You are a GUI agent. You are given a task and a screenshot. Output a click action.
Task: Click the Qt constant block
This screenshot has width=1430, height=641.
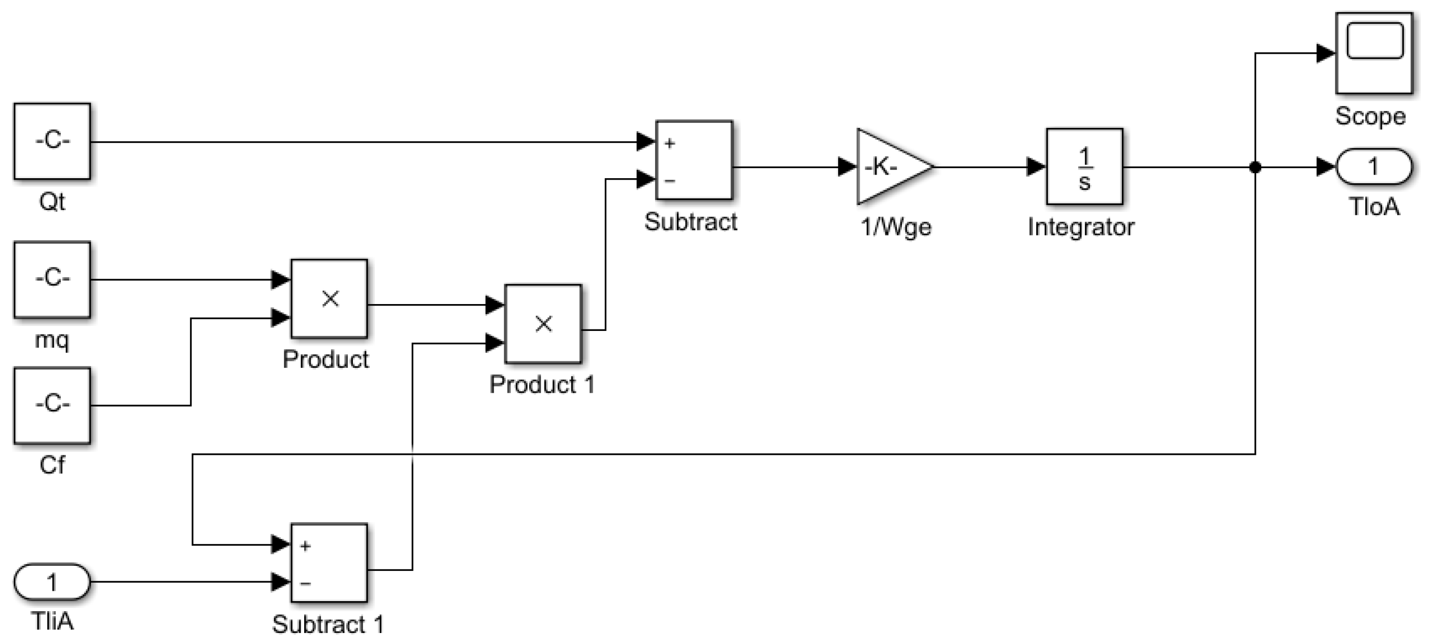(52, 141)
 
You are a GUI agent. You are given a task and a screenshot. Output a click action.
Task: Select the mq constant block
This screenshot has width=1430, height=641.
(52, 279)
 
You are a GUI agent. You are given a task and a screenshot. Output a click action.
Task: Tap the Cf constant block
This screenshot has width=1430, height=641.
(52, 405)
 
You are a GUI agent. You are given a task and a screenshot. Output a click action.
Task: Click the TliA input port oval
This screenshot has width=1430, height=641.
(52, 582)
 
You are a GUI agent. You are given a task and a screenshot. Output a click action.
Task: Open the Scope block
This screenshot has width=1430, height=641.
(1373, 53)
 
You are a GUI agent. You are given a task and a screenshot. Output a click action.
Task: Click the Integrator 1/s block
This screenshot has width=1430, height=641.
(1084, 167)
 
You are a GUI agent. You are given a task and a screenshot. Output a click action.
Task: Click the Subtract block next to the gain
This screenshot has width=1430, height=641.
(694, 160)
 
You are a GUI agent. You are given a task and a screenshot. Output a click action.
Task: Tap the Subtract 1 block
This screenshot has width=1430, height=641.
(329, 562)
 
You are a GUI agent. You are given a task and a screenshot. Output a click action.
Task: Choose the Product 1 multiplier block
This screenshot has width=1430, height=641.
(543, 323)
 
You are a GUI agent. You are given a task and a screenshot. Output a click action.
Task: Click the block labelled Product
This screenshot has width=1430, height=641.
(329, 298)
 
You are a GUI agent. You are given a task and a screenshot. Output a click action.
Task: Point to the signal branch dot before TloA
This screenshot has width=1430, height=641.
(1255, 167)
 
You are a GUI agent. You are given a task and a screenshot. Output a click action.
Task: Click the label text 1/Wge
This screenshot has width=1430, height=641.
(895, 227)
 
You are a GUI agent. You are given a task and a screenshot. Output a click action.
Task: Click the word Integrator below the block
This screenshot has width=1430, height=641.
(1080, 227)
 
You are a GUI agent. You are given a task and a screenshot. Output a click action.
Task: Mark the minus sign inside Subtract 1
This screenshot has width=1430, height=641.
(305, 583)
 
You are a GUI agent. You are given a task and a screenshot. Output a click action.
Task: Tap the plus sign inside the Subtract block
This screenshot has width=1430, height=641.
(669, 143)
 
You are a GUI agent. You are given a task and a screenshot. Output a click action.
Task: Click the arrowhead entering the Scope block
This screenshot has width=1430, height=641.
(1325, 53)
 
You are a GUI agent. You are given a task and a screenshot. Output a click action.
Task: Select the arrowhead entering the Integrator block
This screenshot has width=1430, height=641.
(1036, 167)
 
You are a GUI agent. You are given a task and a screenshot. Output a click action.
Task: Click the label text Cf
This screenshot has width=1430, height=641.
(52, 465)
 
